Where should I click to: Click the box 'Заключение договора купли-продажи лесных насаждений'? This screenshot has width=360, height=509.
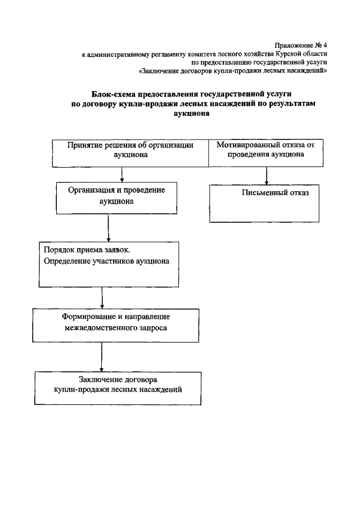pos(118,388)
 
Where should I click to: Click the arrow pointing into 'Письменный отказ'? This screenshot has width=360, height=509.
pos(267,177)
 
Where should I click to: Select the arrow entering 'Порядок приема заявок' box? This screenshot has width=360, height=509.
pos(108,230)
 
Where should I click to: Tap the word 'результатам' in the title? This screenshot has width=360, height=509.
pos(294,103)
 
